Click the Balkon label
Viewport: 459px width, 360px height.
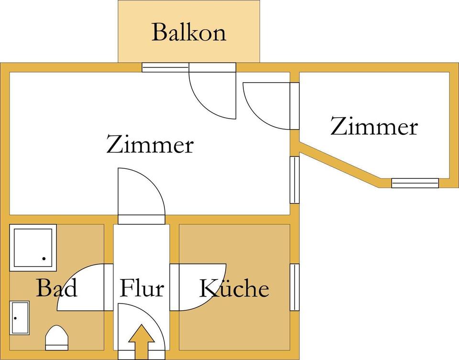[x=189, y=32]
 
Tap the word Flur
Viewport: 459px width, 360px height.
[x=142, y=288]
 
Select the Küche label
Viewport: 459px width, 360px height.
[x=234, y=288]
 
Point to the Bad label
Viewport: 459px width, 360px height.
[x=57, y=288]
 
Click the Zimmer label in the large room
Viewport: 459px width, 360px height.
[x=150, y=144]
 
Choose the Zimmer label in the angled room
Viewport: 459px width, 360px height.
[x=374, y=126]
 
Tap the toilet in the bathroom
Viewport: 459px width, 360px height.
[x=57, y=338]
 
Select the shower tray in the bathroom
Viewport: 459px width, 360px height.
[x=33, y=248]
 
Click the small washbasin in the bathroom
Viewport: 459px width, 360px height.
[x=20, y=318]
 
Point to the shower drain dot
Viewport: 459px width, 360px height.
[x=44, y=259]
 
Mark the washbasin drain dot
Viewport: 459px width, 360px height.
[x=15, y=318]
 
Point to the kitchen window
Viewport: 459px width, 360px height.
[x=295, y=287]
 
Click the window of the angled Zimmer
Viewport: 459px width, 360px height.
[x=415, y=183]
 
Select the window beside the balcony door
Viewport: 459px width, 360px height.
[x=165, y=67]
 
